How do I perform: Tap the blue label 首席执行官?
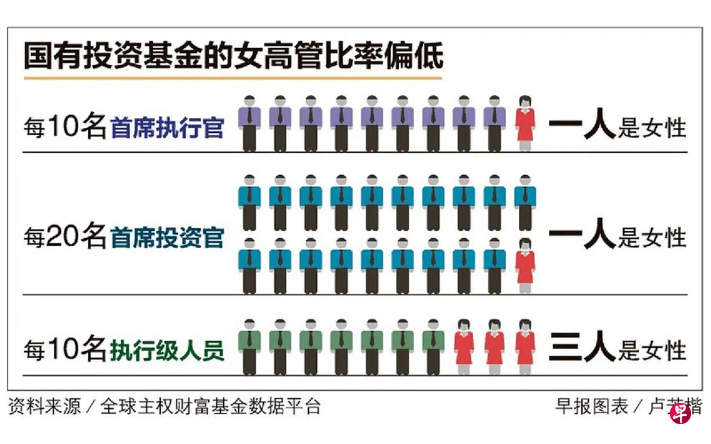point(167,127)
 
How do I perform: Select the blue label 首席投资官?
point(167,238)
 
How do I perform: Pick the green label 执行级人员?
point(167,350)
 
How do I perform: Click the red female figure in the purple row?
point(525,123)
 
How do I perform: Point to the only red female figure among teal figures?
point(525,266)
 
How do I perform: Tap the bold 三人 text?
point(583,346)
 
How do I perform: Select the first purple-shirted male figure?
point(249,123)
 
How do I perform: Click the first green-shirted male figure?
point(249,347)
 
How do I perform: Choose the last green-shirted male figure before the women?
point(433,347)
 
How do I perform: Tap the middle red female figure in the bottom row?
point(494,347)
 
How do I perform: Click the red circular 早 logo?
point(680,413)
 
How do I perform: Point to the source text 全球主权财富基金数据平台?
point(210,406)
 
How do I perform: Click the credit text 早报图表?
point(592,406)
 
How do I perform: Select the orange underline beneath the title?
point(233,78)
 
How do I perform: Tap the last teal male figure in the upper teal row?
point(525,202)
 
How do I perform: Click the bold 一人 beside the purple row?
point(583,123)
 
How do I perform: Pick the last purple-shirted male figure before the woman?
point(494,123)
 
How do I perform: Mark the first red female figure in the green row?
point(464,347)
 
